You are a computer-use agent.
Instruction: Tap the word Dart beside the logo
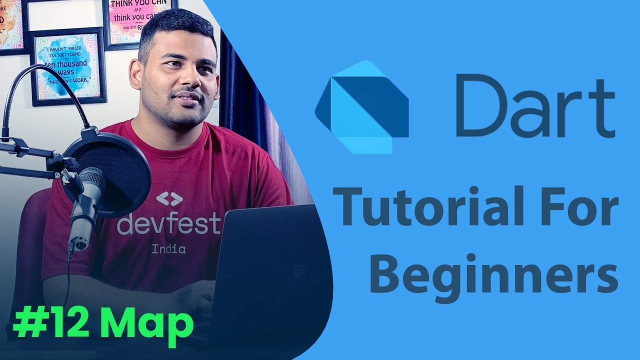(535, 106)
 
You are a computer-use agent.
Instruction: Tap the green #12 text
(50, 323)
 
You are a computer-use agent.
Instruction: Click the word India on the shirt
(168, 248)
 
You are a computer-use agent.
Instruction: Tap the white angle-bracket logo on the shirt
(169, 199)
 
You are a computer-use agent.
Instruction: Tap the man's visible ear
(136, 75)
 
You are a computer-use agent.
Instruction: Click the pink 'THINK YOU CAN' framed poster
(139, 20)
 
